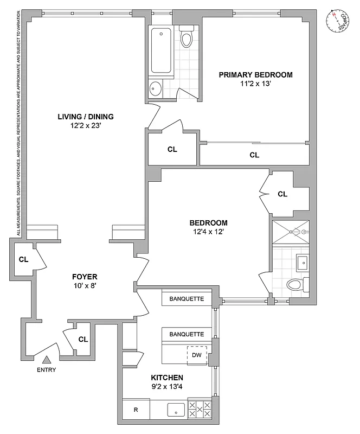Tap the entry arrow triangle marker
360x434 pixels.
tap(46, 359)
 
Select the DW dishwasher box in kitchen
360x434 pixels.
tap(197, 355)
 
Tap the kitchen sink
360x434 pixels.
tap(176, 410)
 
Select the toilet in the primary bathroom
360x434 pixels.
tap(187, 37)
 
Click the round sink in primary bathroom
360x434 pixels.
tap(155, 88)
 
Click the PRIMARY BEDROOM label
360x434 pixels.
tap(255, 75)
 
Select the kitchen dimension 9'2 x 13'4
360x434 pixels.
tap(167, 387)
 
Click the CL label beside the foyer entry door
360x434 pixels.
tap(83, 340)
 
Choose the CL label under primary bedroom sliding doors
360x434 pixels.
tap(254, 155)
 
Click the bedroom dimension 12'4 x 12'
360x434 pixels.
tap(208, 232)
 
